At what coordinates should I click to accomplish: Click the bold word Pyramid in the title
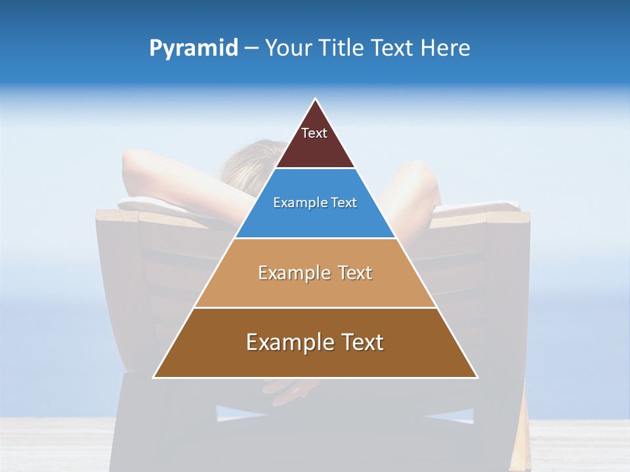[x=193, y=49]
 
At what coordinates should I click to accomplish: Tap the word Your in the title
[x=291, y=49]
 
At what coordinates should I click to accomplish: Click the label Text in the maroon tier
[x=314, y=133]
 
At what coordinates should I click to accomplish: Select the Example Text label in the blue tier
[x=315, y=203]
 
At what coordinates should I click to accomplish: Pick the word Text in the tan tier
[x=355, y=273]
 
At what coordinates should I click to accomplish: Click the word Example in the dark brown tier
[x=285, y=342]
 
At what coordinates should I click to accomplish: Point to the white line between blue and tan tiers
[x=315, y=238]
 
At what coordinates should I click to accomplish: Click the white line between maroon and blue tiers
[x=315, y=168]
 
